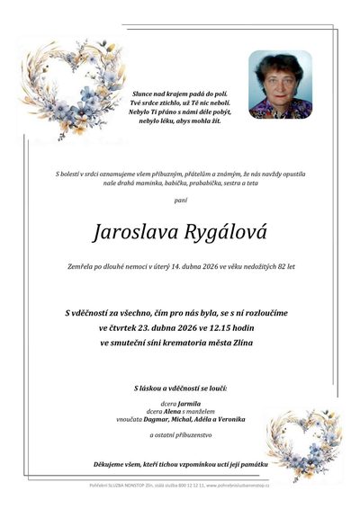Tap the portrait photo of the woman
(280, 85)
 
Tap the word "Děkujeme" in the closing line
(112, 464)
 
